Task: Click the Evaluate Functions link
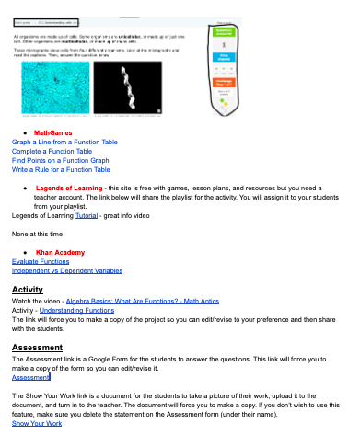click(x=41, y=261)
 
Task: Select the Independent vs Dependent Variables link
click(x=67, y=270)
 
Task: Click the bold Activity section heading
click(x=28, y=290)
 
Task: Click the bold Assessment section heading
click(x=37, y=348)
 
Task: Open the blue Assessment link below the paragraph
click(x=31, y=378)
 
